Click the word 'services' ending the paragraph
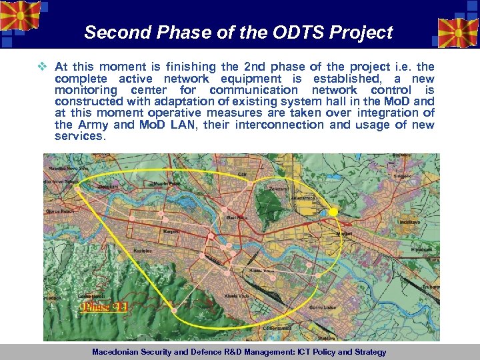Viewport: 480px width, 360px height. pyautogui.click(x=79, y=136)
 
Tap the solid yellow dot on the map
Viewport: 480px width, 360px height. pyautogui.click(x=333, y=211)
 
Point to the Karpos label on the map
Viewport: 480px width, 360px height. pyautogui.click(x=171, y=231)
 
